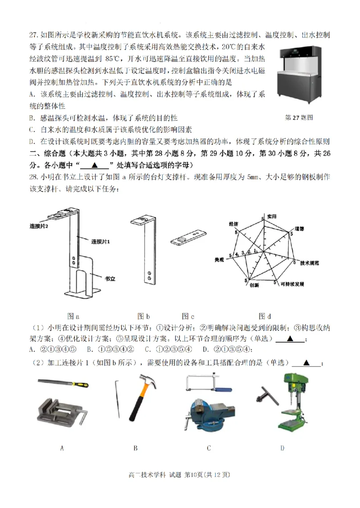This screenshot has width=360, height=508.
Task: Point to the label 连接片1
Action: (101, 242)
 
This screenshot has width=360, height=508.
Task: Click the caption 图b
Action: (144, 316)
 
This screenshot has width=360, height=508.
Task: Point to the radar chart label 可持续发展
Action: (292, 285)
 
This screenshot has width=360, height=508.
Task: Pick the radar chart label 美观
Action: (219, 260)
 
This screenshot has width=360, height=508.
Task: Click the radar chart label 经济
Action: (233, 224)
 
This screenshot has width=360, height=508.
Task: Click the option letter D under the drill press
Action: (282, 448)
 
